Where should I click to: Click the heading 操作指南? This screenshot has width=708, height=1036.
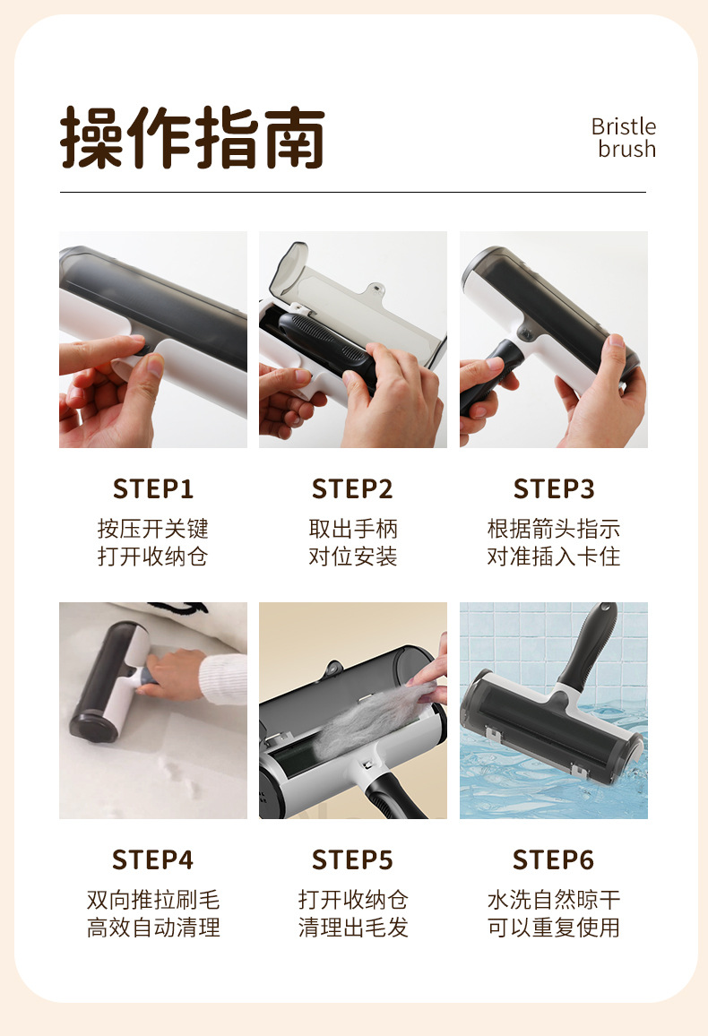coord(192,137)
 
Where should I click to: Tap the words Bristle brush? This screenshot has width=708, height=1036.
coord(624,137)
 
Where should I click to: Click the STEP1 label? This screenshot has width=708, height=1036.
coord(153,489)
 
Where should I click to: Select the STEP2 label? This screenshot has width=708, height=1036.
coord(353,489)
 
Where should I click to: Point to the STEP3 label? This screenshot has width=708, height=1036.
coord(554,489)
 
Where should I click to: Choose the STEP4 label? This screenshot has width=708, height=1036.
coord(153,859)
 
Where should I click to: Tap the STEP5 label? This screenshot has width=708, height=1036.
coord(353,859)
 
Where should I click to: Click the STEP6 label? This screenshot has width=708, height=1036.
coord(554,859)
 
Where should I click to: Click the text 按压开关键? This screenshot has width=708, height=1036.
coord(153,529)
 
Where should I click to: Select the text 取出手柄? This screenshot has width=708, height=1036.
coord(353,529)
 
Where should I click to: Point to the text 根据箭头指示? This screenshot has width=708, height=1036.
coord(554,529)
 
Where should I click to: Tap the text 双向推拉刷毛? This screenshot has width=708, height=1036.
coord(153,900)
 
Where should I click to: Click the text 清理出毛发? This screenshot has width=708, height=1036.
coord(353,928)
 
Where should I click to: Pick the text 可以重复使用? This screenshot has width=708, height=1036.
coord(554,928)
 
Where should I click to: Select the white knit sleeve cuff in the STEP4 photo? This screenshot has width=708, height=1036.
coord(222,678)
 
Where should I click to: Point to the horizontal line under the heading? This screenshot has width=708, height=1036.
coord(353,193)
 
